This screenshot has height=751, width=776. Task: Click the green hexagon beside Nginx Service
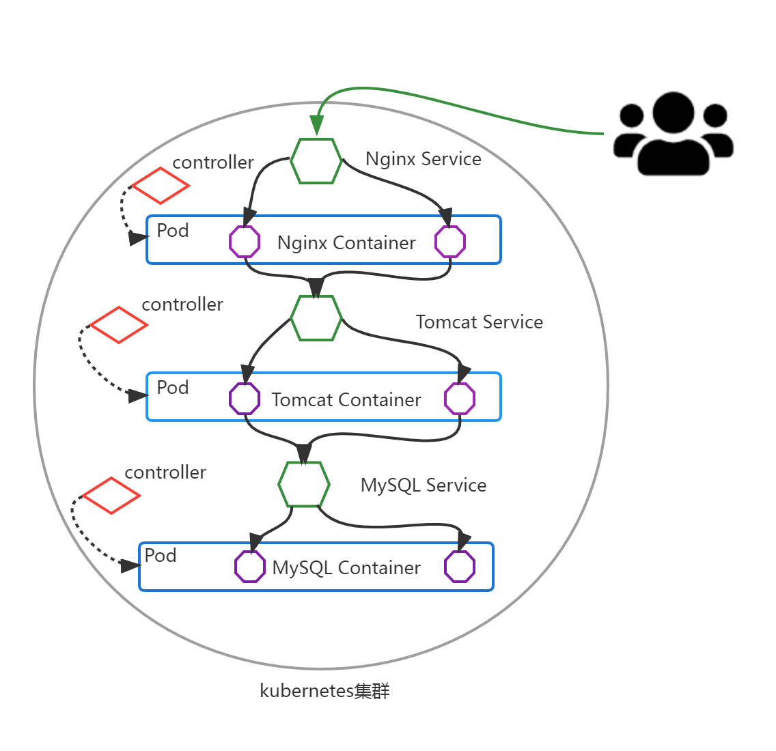pos(316,161)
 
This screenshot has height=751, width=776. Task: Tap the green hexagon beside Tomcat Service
pos(316,318)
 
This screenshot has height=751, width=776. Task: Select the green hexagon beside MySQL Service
pos(304,484)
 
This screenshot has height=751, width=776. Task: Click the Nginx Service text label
pos(423,159)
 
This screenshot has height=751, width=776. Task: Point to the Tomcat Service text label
pos(479,322)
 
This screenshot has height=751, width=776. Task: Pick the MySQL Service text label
pos(423,485)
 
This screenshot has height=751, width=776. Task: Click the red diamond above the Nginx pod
pos(161,185)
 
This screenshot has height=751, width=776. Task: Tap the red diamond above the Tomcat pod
pos(119,325)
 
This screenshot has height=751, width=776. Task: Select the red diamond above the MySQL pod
pos(111,496)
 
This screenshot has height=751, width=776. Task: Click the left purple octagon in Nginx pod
pos(245,242)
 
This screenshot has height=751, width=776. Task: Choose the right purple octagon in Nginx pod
pos(451,242)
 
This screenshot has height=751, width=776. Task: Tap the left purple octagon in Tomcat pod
pos(245,399)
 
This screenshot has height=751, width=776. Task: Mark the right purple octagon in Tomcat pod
pos(460,399)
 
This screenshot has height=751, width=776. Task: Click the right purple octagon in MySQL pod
pos(460,567)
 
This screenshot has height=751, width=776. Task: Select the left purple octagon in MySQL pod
pos(250,567)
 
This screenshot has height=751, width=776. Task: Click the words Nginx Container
pos(346,243)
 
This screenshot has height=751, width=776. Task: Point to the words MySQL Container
pos(346,568)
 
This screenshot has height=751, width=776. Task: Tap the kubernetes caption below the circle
pos(324,691)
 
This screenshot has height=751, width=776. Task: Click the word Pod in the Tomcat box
pos(173,388)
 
